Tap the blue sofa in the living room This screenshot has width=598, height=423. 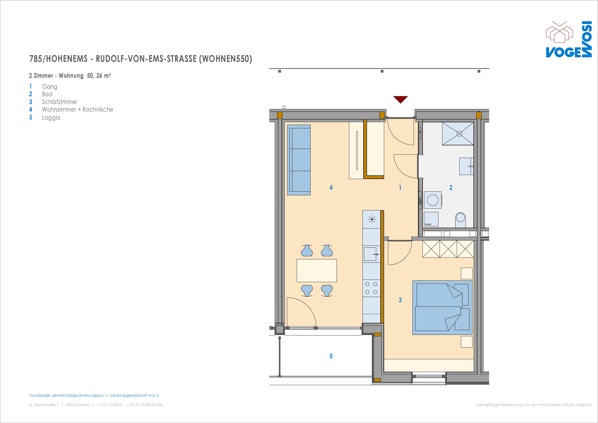coord(299,160)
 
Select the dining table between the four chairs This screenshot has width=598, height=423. coord(317,271)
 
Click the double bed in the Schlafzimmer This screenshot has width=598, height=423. coord(442,308)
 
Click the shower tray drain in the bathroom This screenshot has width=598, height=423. coord(459,134)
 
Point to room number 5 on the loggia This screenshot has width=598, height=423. coord(331,356)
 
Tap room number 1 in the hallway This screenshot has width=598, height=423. coord(400,187)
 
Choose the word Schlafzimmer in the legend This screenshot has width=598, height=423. coord(60,102)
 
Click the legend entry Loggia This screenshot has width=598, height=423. coord(51,118)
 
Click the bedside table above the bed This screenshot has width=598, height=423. coord(467,273)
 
